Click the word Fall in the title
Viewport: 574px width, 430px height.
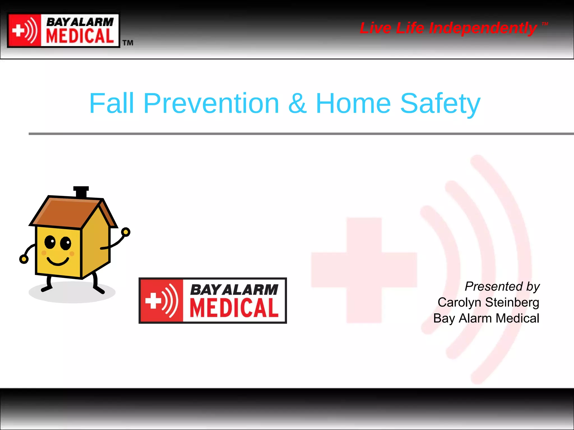tap(112, 103)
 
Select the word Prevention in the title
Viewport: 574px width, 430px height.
tap(211, 103)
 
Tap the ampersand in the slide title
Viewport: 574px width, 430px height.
tap(297, 103)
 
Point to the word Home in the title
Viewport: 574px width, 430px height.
tap(353, 103)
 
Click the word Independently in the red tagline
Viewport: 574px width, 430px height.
tap(483, 28)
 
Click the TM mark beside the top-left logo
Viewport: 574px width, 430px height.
tap(128, 43)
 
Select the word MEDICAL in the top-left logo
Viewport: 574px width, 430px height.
tap(80, 36)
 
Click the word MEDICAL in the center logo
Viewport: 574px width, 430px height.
tap(234, 308)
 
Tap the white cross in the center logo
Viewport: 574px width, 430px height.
tap(153, 300)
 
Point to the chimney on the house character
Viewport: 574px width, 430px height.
tap(81, 192)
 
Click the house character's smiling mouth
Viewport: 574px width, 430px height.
tap(58, 262)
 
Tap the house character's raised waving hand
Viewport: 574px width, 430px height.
tap(126, 232)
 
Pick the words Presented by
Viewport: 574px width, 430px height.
tap(502, 286)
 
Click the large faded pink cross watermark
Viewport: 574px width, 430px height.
tap(364, 270)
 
